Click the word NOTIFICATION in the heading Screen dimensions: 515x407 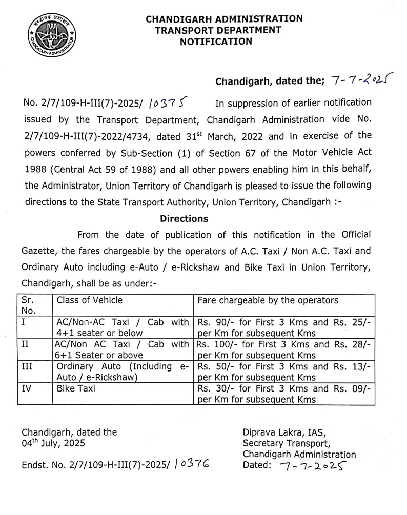pos(216,42)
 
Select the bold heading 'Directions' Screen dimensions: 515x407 pos(184,218)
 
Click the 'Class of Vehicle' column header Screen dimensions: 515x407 pos(90,300)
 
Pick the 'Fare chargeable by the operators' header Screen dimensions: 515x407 pos(268,300)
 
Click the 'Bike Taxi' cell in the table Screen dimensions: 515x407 pos(75,388)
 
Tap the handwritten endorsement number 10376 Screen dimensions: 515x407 pos(192,465)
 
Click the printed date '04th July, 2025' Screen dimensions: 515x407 pos(53,443)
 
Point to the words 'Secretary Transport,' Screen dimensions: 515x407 pos(287,443)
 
